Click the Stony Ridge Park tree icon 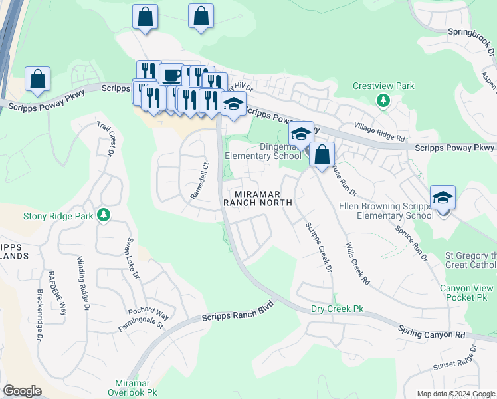pos(103,215)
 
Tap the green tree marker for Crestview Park pos(383,100)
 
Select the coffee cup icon pos(171,74)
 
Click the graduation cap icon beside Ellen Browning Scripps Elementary pos(443,197)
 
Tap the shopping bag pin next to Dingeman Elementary pos(322,154)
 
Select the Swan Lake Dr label pos(131,255)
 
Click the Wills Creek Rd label pos(357,264)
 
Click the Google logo pos(22,391)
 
